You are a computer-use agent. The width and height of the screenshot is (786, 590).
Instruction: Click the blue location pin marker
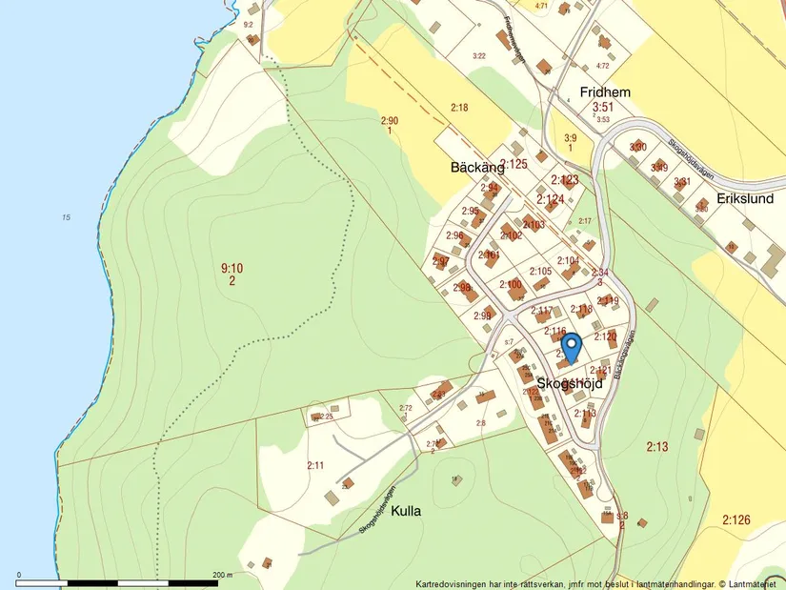coord(571,347)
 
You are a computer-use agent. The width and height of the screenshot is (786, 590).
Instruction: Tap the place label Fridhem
coord(606,92)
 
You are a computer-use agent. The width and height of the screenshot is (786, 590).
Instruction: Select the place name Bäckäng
coord(476,167)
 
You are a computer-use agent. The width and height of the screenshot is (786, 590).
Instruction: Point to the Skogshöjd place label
coord(570,383)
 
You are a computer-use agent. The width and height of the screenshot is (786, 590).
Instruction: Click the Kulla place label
coord(406,511)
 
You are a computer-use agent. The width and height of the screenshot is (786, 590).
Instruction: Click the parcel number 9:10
coord(232,269)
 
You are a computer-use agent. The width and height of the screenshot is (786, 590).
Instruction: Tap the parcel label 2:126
coord(736,519)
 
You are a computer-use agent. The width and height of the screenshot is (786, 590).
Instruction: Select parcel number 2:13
coord(657,446)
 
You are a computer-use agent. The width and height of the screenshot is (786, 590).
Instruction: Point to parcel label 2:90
coord(390,121)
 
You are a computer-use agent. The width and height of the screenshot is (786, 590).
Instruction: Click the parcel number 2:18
coord(459,108)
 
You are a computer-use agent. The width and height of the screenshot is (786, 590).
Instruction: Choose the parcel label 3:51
coord(602,108)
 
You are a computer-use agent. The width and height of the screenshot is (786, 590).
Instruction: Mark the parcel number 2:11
coord(315,465)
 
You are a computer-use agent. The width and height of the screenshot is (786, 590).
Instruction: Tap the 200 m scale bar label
coord(221,575)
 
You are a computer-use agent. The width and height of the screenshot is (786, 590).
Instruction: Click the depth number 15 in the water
coord(66,218)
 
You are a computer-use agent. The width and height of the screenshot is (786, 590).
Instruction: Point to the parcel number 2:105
coord(540,272)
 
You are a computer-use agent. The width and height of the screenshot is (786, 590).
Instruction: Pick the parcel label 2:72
coord(405,408)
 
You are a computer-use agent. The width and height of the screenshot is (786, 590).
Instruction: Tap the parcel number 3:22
coord(479,56)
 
